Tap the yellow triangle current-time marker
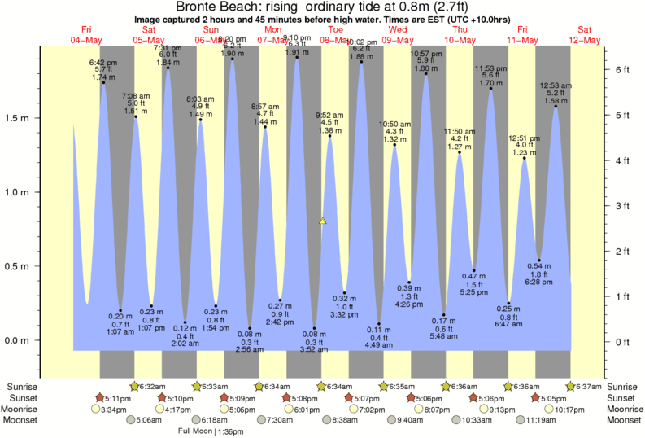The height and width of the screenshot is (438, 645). [x=323, y=221]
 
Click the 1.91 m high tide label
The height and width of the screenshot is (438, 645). [x=297, y=52]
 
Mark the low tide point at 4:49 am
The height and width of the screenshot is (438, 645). [x=379, y=324]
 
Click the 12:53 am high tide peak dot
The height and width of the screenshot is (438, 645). [x=556, y=106]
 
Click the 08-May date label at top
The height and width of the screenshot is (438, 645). [x=335, y=40]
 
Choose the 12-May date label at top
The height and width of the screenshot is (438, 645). [x=585, y=40]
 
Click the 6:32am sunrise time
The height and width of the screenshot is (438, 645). [x=153, y=386]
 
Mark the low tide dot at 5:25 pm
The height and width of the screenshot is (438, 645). [x=473, y=270]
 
